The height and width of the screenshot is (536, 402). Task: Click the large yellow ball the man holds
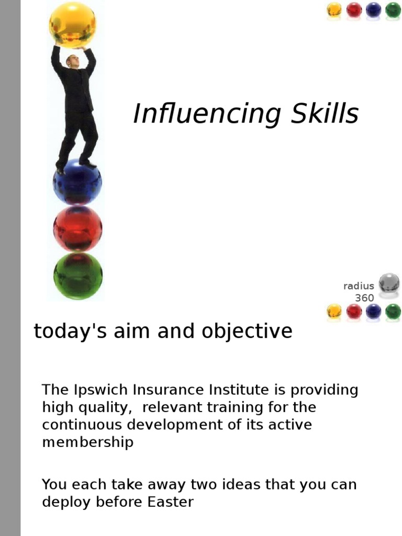tap(73, 24)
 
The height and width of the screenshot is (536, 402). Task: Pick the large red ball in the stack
tap(77, 228)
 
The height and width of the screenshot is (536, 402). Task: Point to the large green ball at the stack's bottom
tap(78, 275)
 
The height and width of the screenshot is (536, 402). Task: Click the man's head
tap(72, 61)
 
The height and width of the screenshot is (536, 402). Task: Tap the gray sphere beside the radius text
tap(389, 283)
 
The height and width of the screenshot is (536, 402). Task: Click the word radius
tap(359, 286)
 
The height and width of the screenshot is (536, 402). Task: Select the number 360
tap(364, 298)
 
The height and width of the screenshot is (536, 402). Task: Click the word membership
tap(87, 442)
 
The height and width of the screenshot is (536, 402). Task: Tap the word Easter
tap(171, 502)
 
